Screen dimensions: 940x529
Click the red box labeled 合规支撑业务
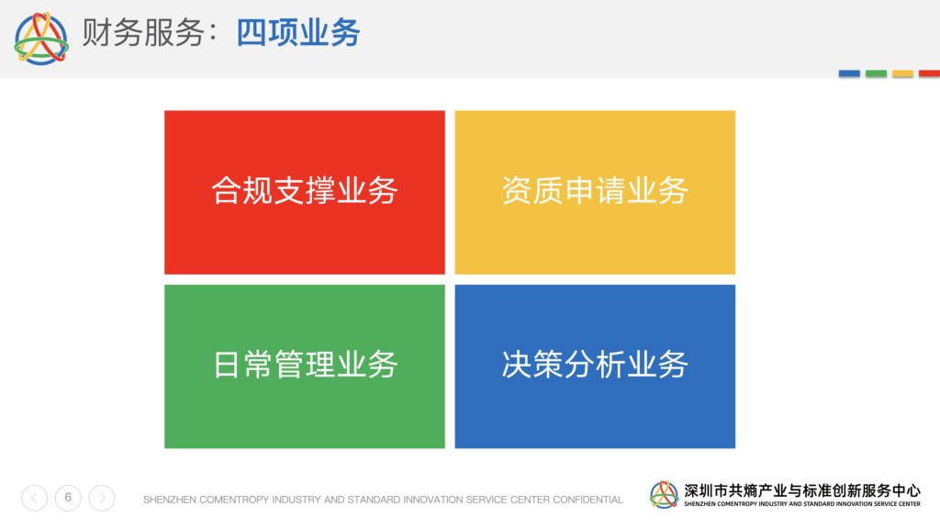(x=305, y=192)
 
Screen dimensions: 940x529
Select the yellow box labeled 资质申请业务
(x=595, y=192)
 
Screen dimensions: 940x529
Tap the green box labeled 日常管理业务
(x=305, y=366)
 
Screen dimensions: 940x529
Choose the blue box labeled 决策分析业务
(x=595, y=366)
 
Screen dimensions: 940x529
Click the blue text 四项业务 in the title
(x=298, y=32)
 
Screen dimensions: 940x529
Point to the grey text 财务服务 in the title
(x=143, y=32)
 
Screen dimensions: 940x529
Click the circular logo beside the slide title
(x=41, y=39)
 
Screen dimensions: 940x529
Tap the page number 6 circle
(x=68, y=498)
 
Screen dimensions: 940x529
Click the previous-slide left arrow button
(x=34, y=498)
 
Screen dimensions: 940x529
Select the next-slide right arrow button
(x=102, y=498)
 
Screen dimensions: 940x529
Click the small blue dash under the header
(x=849, y=73)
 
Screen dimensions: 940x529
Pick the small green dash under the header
(x=876, y=73)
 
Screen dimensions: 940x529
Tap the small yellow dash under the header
(x=903, y=73)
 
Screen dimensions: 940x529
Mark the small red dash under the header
(x=929, y=73)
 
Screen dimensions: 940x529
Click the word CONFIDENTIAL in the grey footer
(x=587, y=500)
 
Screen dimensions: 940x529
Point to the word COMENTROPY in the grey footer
(x=234, y=500)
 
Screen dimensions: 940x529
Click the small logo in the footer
(x=665, y=495)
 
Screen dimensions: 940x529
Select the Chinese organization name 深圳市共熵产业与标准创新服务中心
(x=802, y=490)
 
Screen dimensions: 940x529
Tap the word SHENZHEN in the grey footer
(x=170, y=500)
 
